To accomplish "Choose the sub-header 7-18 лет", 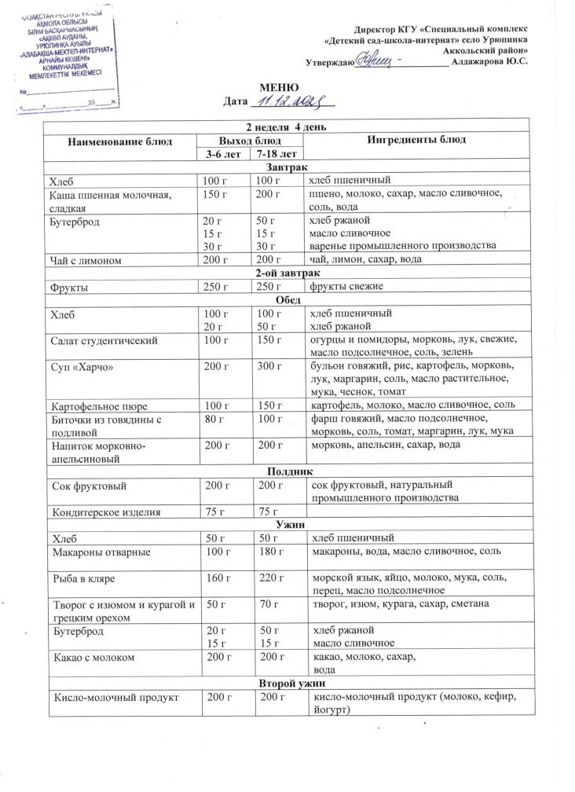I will tap(271, 155).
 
